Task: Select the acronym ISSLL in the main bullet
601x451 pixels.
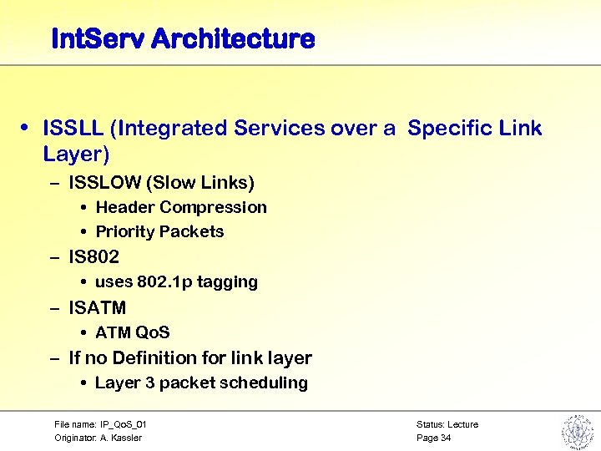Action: point(73,128)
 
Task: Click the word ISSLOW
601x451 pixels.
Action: point(105,182)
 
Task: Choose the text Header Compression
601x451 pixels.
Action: point(181,207)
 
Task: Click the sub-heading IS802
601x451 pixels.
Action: point(93,256)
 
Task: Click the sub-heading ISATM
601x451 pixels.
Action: point(97,307)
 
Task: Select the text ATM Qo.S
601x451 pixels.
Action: point(133,332)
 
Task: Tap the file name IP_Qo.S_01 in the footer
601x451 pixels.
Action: point(124,424)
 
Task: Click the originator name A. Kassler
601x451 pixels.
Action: point(121,438)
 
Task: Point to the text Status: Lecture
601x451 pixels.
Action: point(447,424)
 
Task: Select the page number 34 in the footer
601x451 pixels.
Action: point(446,438)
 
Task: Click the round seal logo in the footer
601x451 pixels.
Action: point(576,431)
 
